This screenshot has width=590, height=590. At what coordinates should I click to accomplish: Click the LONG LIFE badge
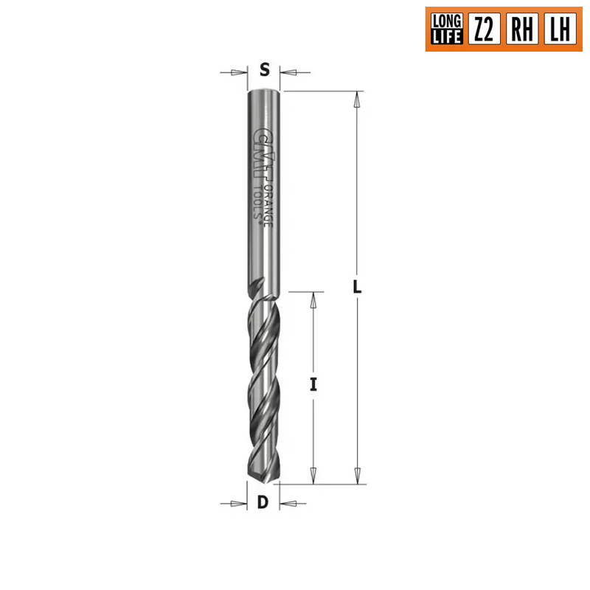click(447, 29)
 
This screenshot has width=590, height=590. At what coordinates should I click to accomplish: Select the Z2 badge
click(485, 29)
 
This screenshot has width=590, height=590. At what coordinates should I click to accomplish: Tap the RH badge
click(522, 29)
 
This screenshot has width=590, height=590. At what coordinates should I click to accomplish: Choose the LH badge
click(560, 29)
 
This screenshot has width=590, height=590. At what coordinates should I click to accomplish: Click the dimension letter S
click(265, 69)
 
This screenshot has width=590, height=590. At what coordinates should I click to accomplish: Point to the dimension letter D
click(263, 502)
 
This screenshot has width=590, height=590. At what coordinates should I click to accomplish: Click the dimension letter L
click(357, 287)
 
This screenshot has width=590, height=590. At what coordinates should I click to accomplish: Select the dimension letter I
click(313, 384)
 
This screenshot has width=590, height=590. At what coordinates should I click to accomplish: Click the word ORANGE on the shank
click(268, 205)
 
